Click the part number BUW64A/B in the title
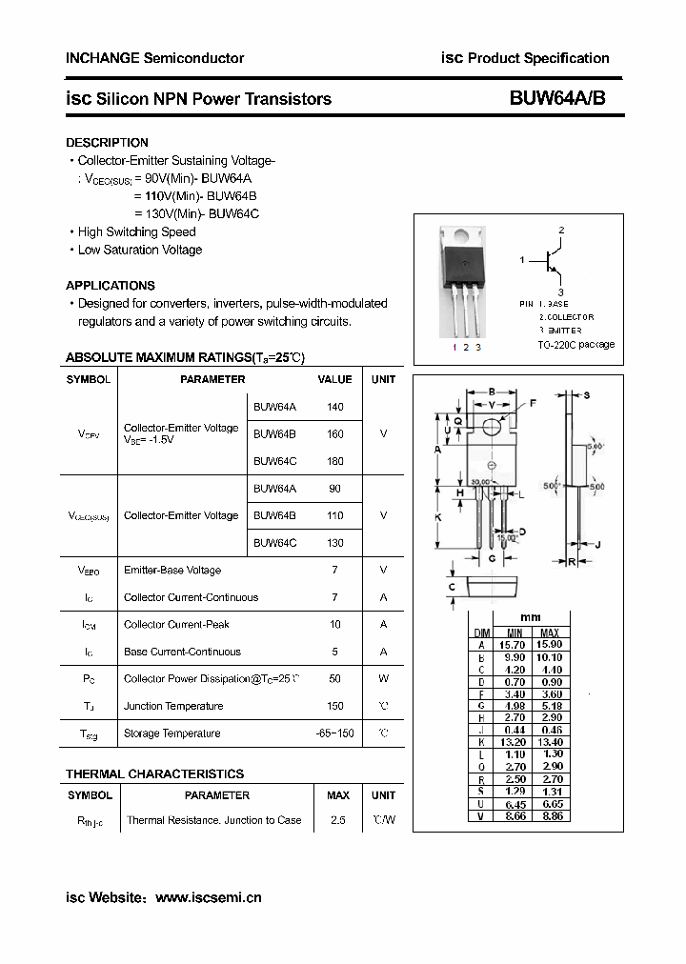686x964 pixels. click(x=557, y=99)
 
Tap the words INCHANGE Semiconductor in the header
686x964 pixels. click(x=154, y=58)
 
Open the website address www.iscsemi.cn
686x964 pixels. click(x=208, y=897)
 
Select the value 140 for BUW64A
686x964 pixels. click(x=334, y=407)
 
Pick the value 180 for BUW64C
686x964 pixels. click(x=334, y=461)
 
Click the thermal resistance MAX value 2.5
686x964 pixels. click(x=337, y=820)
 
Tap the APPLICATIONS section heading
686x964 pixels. click(x=110, y=286)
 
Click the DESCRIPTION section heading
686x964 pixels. click(x=107, y=143)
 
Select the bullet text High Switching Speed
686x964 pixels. click(x=136, y=232)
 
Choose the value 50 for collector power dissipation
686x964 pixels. click(x=334, y=679)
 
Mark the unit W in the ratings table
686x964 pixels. click(x=383, y=679)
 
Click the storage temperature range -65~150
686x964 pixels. click(x=334, y=733)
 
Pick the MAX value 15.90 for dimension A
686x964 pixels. click(x=549, y=645)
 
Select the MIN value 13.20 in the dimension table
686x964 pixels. click(x=514, y=742)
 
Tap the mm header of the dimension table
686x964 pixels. click(x=532, y=618)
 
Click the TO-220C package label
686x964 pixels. click(x=575, y=345)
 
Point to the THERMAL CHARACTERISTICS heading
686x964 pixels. click(x=154, y=774)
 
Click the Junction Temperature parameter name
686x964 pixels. click(x=173, y=707)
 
